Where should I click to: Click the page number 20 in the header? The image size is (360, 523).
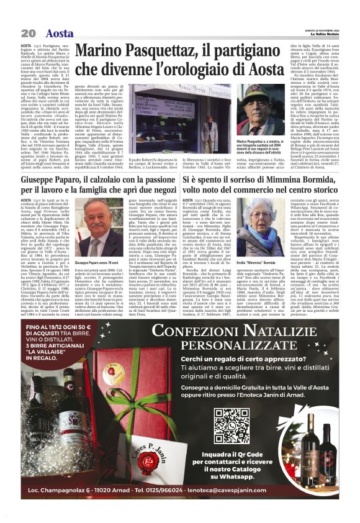27,33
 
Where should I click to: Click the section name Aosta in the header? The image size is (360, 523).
60,33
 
